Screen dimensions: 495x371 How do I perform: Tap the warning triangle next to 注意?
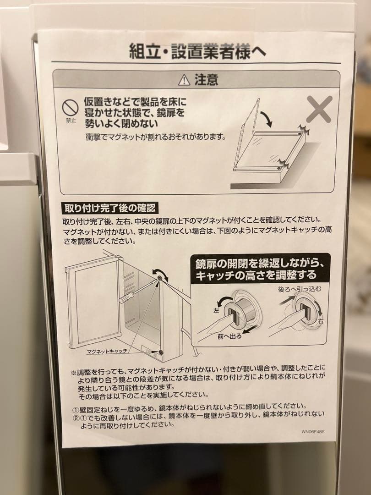point(184,80)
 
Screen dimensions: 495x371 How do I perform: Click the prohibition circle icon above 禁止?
point(71,108)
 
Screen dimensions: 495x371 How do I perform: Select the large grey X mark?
point(319,109)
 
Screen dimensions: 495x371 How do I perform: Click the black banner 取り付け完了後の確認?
point(109,208)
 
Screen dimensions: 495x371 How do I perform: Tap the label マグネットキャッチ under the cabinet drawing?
point(107,352)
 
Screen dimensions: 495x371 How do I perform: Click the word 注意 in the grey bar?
point(206,80)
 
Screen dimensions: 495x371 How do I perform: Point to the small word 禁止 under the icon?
point(71,121)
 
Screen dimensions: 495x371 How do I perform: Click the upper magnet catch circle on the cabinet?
point(159,277)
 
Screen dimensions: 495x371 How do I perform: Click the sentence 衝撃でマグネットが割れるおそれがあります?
point(156,137)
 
